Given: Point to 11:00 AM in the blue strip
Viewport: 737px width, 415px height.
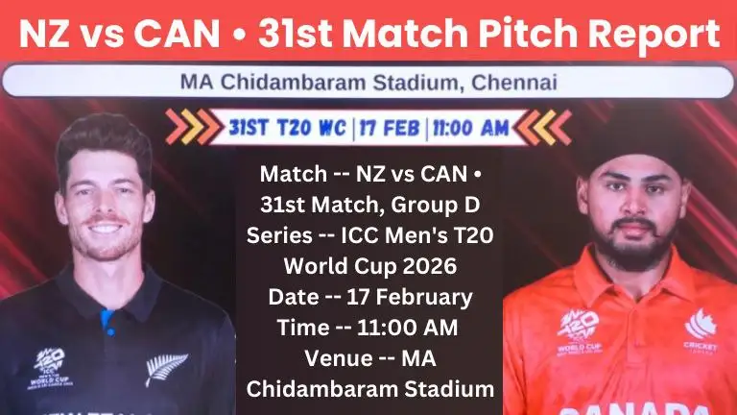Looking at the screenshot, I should pyautogui.click(x=468, y=127).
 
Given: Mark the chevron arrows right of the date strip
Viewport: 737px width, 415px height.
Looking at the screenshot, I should pyautogui.click(x=548, y=127).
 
